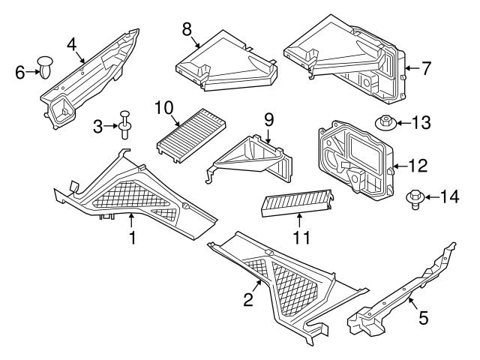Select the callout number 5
[x=423, y=319]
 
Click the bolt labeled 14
[x=413, y=198]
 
